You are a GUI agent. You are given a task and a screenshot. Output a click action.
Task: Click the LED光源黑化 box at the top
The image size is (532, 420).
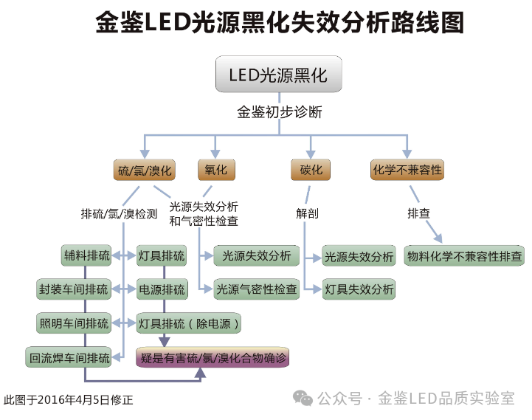pos(278,75)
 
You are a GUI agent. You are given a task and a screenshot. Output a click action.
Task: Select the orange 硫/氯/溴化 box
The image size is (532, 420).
pos(145,171)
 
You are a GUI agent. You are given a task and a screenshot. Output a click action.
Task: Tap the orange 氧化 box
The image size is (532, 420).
pos(216,171)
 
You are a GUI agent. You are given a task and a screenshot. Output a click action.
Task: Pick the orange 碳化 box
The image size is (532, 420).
pos(311,171)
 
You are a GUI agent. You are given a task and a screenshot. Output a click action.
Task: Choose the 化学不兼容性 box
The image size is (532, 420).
pos(407,171)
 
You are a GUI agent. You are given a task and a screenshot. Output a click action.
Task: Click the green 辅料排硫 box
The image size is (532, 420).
pos(87,256)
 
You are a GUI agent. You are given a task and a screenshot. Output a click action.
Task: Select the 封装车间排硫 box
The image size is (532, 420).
pos(74,289)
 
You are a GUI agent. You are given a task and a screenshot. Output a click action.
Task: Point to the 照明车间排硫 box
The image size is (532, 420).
pos(74,323)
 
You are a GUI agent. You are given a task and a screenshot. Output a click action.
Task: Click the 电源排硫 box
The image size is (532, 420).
pos(162,289)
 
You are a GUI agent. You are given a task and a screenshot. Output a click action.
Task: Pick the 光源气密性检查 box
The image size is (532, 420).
pos(256,289)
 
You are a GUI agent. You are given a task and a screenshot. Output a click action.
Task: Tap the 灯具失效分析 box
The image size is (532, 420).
pos(359,289)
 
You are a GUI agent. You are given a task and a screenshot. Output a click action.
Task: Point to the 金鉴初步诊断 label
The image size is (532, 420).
pos(279,113)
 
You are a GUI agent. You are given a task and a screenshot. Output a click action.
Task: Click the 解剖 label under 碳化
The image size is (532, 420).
pos(307,213)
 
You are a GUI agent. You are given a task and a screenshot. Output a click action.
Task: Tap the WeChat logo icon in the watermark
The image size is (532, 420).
pos(303,398)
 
